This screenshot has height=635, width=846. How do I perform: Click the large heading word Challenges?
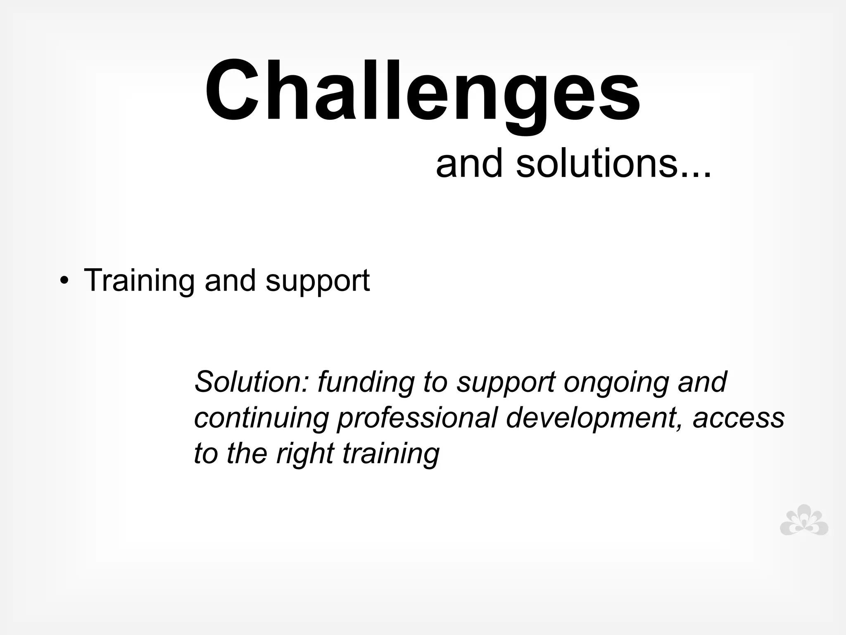coord(422,92)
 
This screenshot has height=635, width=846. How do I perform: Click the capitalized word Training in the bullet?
coord(139,281)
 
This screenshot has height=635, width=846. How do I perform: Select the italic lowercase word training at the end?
coord(390,454)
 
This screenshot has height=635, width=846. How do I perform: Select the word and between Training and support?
coord(230,281)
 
